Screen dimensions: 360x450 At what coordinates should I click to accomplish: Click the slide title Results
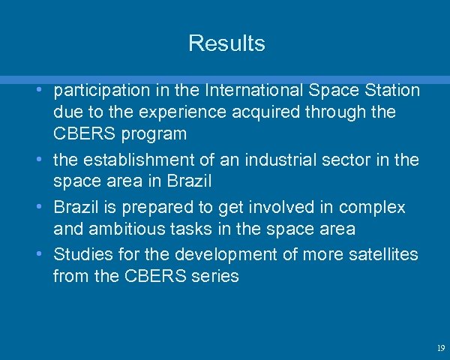[x=226, y=43]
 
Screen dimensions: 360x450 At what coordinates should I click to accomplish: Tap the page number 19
[x=440, y=348]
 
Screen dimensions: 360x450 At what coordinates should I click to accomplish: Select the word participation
[x=103, y=91]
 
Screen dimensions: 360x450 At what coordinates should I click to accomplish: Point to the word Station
[x=391, y=91]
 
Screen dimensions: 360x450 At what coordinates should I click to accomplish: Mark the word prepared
[x=169, y=208]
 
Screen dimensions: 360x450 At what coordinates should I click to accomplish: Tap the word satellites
[x=383, y=254]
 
